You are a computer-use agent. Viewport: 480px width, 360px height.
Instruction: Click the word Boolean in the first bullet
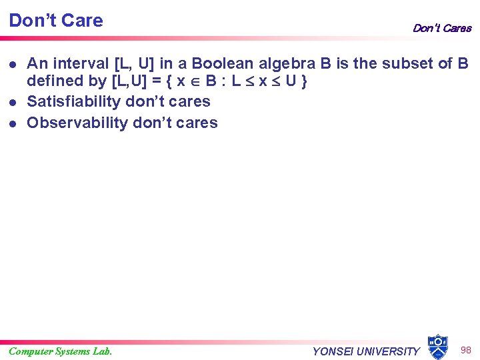click(x=219, y=64)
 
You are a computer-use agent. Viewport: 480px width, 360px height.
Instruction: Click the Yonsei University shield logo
click(x=437, y=347)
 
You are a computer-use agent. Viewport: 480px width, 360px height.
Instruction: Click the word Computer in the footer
click(x=31, y=351)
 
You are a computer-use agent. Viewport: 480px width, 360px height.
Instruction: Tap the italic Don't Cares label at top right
click(x=441, y=28)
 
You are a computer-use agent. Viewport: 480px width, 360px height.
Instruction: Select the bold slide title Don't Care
click(x=56, y=21)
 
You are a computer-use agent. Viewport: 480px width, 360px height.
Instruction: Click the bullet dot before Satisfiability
click(x=13, y=103)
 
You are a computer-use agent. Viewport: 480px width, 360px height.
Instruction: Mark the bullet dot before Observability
click(x=13, y=123)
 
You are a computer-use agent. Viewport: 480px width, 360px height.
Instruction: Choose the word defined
click(x=54, y=81)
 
